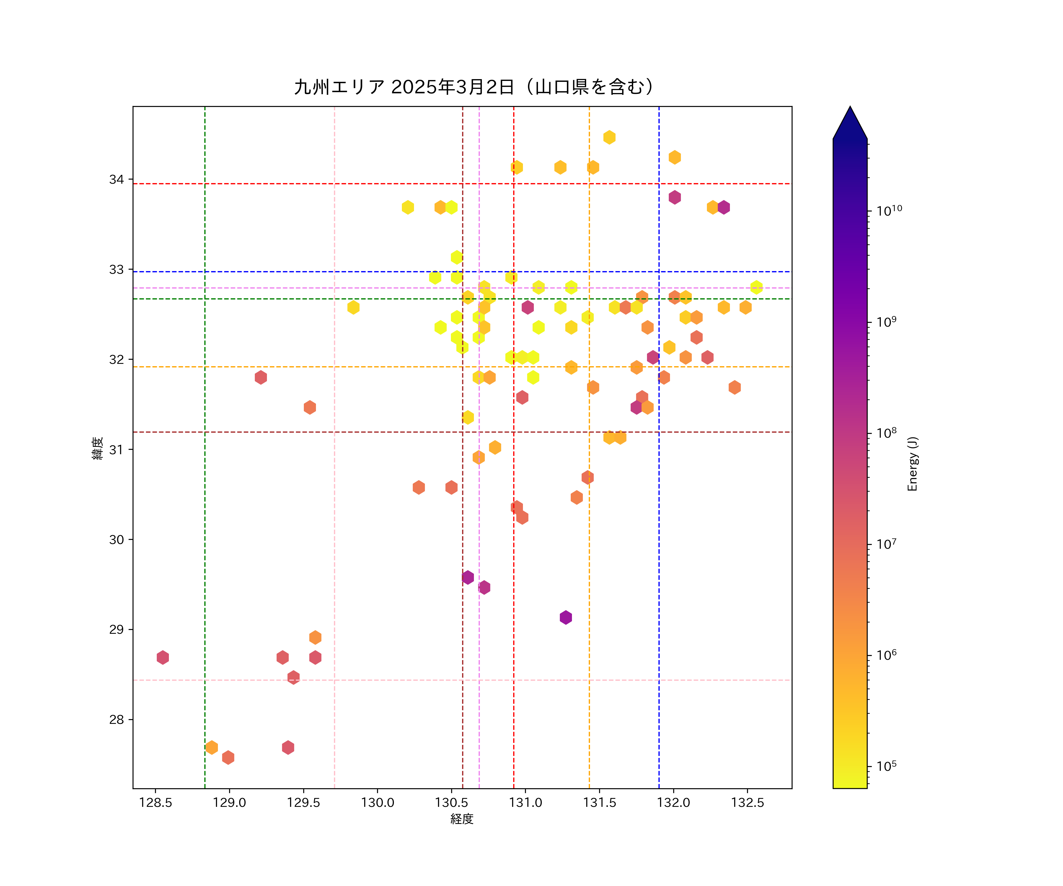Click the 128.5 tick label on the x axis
pyautogui.click(x=155, y=803)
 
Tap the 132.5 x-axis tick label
pyautogui.click(x=748, y=803)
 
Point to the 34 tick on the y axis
pyautogui.click(x=116, y=180)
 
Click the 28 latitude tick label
pyautogui.click(x=116, y=719)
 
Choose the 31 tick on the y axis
pyautogui.click(x=116, y=449)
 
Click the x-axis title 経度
pyautogui.click(x=462, y=819)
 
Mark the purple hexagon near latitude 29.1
pyautogui.click(x=566, y=617)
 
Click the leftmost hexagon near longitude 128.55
pyautogui.click(x=162, y=658)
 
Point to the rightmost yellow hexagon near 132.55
pyautogui.click(x=756, y=287)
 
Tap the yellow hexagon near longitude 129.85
pyautogui.click(x=353, y=307)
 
